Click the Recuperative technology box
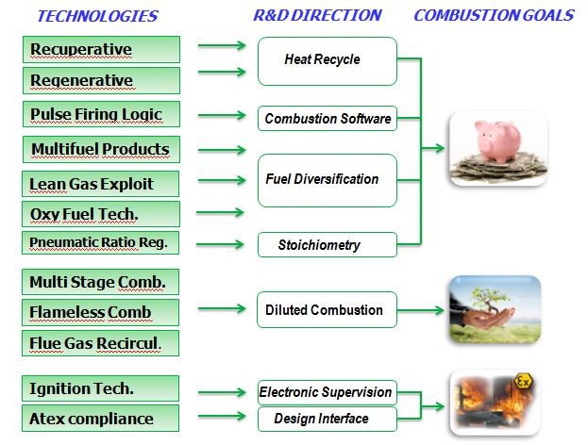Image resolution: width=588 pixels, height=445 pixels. (x=101, y=49)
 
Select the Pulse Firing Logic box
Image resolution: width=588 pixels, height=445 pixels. (x=101, y=114)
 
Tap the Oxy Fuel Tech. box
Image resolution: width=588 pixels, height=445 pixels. (x=101, y=214)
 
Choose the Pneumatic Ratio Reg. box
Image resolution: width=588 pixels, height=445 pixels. (x=100, y=242)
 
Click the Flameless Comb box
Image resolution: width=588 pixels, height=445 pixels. (x=100, y=312)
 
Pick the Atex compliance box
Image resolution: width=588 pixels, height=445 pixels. (x=100, y=418)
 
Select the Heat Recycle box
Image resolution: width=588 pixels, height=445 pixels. (x=328, y=61)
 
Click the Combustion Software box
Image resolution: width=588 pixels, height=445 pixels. (x=328, y=119)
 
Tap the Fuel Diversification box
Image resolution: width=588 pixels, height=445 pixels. (x=328, y=180)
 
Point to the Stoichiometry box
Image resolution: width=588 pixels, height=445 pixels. (x=328, y=244)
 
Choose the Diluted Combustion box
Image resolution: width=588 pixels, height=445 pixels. (x=327, y=310)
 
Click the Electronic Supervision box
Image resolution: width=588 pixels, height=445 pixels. (x=328, y=392)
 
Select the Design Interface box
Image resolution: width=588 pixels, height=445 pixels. (x=328, y=419)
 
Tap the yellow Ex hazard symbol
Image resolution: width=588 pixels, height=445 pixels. (x=523, y=382)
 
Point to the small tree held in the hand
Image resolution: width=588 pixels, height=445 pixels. (x=488, y=300)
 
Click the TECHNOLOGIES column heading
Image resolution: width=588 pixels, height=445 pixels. (x=98, y=16)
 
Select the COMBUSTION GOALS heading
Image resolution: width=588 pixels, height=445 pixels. (x=494, y=15)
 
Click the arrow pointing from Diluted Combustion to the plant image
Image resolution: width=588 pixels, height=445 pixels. (x=421, y=310)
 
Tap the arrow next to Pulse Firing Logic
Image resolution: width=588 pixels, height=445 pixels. (x=222, y=115)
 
